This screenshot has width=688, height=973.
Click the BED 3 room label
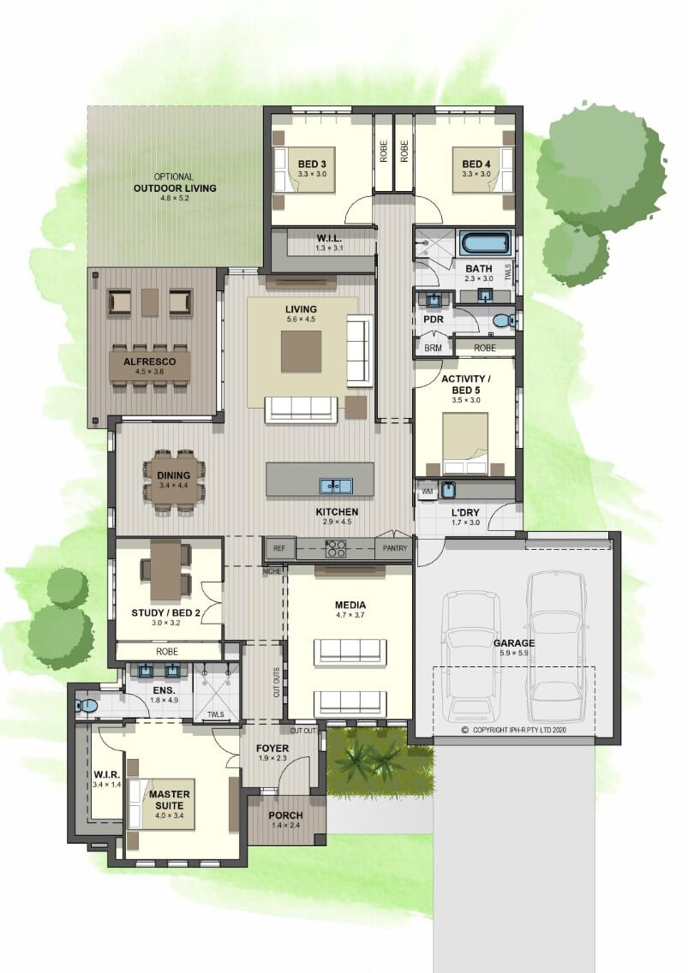pos(312,164)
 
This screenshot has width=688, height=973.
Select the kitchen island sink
pos(336,486)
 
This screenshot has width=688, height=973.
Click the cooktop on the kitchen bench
pos(336,548)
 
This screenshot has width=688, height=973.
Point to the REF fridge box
pos(279,548)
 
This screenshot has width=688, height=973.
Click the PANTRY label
pos(395,548)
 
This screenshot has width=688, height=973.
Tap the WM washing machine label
pos(428,492)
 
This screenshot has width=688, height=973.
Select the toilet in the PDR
pos(504,320)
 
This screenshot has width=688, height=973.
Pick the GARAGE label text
pos(514,643)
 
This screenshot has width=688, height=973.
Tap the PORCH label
pos(285,815)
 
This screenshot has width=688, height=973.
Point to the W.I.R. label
pos(107,774)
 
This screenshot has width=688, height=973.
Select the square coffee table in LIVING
pos(301,351)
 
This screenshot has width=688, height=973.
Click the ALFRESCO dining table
pos(149,366)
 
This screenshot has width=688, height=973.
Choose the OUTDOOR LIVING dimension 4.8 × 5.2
pos(175,199)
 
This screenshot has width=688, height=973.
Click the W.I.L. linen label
pos(329,238)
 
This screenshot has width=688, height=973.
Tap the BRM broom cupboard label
pos(433,348)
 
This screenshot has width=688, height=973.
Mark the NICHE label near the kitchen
pos(272,571)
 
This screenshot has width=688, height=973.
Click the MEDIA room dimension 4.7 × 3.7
pos(350,615)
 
